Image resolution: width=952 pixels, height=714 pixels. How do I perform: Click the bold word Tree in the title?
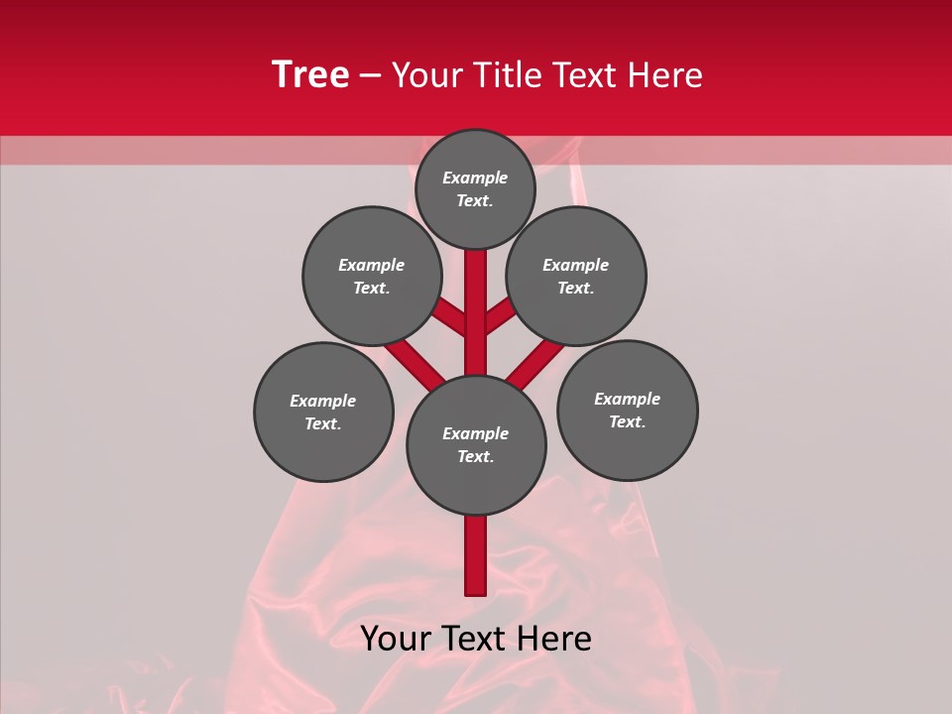(x=310, y=75)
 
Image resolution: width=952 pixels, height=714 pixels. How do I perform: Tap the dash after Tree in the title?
(x=370, y=76)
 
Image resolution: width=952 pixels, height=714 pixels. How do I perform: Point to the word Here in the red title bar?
(x=665, y=75)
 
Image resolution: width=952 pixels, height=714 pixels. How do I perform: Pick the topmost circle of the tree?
(x=475, y=188)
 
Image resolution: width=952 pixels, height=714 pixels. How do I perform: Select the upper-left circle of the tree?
(x=372, y=276)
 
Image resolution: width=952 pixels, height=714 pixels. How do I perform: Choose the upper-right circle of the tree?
(x=576, y=276)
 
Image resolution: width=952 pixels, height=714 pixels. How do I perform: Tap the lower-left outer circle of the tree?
(x=323, y=412)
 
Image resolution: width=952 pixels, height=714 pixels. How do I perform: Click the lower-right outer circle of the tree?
(x=627, y=410)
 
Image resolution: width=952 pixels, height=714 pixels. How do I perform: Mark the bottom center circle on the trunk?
(x=476, y=444)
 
